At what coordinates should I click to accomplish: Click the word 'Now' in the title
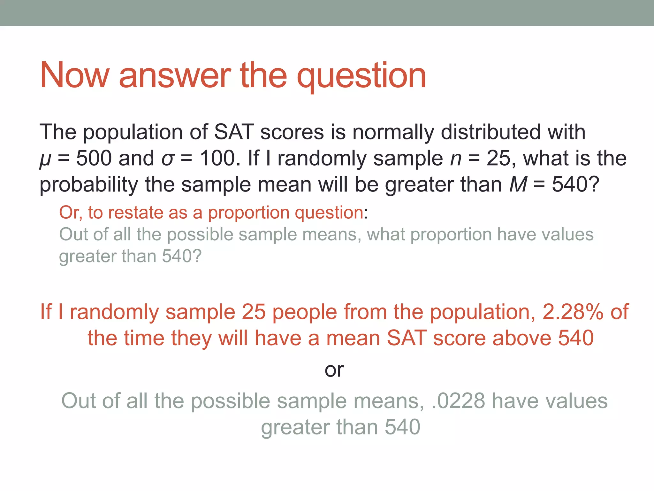pos(74,75)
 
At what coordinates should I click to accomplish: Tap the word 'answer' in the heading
pos(175,75)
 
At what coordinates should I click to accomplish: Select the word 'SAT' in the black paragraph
pos(234,132)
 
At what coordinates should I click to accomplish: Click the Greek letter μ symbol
pos(45,159)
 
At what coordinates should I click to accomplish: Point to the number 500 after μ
pos(94,158)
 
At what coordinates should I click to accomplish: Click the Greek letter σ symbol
pos(168,159)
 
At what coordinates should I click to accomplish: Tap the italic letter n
pos(456,159)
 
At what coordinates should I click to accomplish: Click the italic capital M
pos(518,184)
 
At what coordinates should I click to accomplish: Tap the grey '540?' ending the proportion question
pos(182,256)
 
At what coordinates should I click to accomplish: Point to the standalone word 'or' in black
pos(334,370)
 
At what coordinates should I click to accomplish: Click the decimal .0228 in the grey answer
pos(458,401)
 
